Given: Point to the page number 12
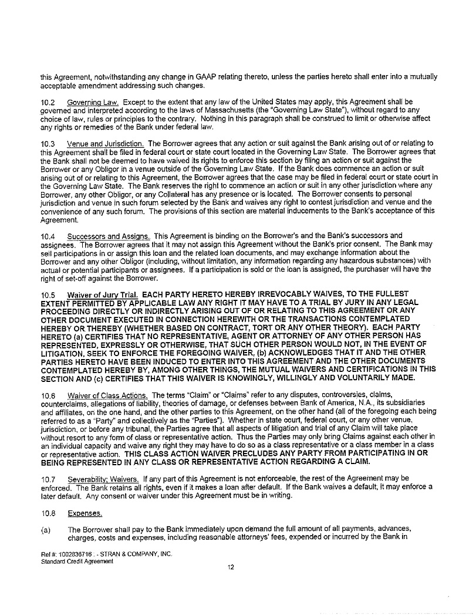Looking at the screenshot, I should pyautogui.click(x=231, y=567).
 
